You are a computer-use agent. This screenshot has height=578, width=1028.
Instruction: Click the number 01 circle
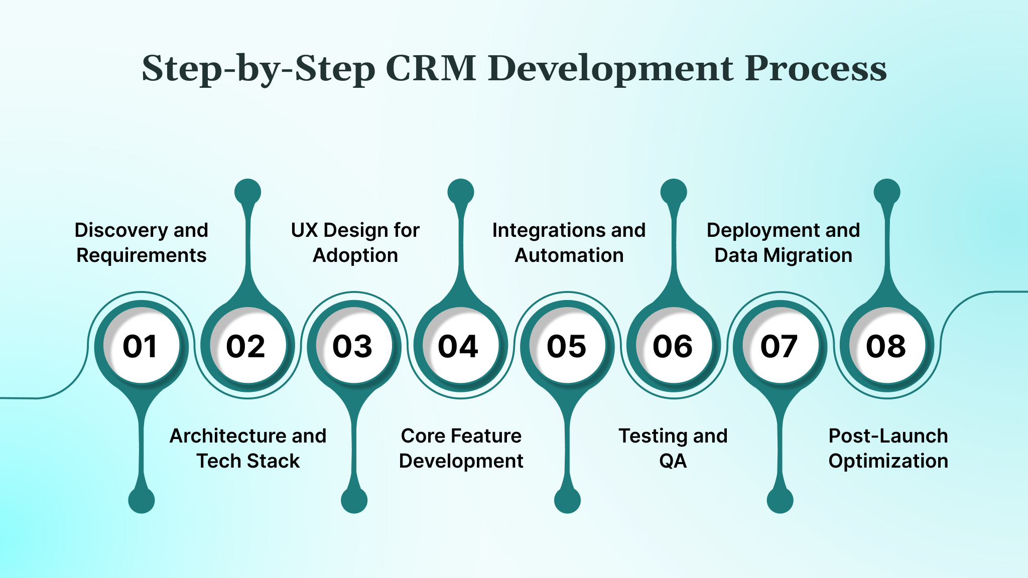[x=141, y=346]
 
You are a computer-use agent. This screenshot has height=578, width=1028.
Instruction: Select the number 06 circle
[x=674, y=346]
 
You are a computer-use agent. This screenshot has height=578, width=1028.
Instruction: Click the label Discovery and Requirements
[x=141, y=242]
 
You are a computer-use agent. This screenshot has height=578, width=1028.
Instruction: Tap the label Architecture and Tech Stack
[x=248, y=448]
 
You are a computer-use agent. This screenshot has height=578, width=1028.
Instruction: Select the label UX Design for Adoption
[x=355, y=242]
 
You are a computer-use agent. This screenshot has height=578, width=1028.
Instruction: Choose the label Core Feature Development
[x=461, y=448]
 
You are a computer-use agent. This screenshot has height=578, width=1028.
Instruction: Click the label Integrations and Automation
[x=569, y=242]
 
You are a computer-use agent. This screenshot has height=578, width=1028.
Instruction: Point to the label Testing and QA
[x=673, y=448]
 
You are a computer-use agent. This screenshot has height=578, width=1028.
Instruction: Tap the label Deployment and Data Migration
[x=783, y=242]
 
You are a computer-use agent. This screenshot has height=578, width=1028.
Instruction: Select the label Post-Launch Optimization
[x=888, y=448]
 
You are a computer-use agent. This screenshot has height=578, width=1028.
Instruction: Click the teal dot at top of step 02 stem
[x=248, y=192]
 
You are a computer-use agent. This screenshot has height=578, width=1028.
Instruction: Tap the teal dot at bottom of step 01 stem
[x=142, y=500]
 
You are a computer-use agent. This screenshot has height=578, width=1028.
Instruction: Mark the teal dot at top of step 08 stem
[x=887, y=192]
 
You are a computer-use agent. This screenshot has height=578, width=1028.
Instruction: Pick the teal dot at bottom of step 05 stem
[x=567, y=500]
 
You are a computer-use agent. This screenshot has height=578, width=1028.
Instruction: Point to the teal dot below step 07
[x=780, y=500]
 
